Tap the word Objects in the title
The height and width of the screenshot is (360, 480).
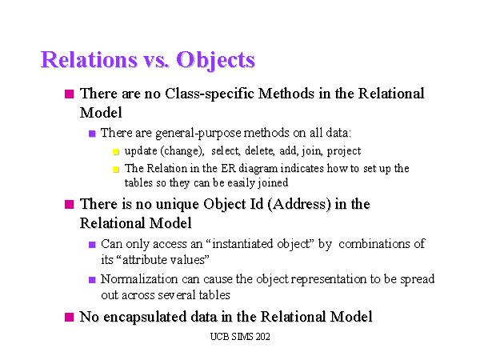(215, 60)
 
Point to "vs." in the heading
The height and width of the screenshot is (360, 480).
(154, 61)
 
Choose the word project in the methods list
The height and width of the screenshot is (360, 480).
(345, 150)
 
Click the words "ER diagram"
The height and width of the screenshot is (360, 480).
(239, 168)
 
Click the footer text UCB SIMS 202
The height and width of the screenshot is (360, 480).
(238, 338)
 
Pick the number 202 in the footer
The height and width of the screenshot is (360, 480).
(261, 338)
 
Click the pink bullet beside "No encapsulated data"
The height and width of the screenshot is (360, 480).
(70, 318)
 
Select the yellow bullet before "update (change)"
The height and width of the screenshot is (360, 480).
(115, 151)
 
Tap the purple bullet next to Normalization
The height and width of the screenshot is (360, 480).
(92, 280)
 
